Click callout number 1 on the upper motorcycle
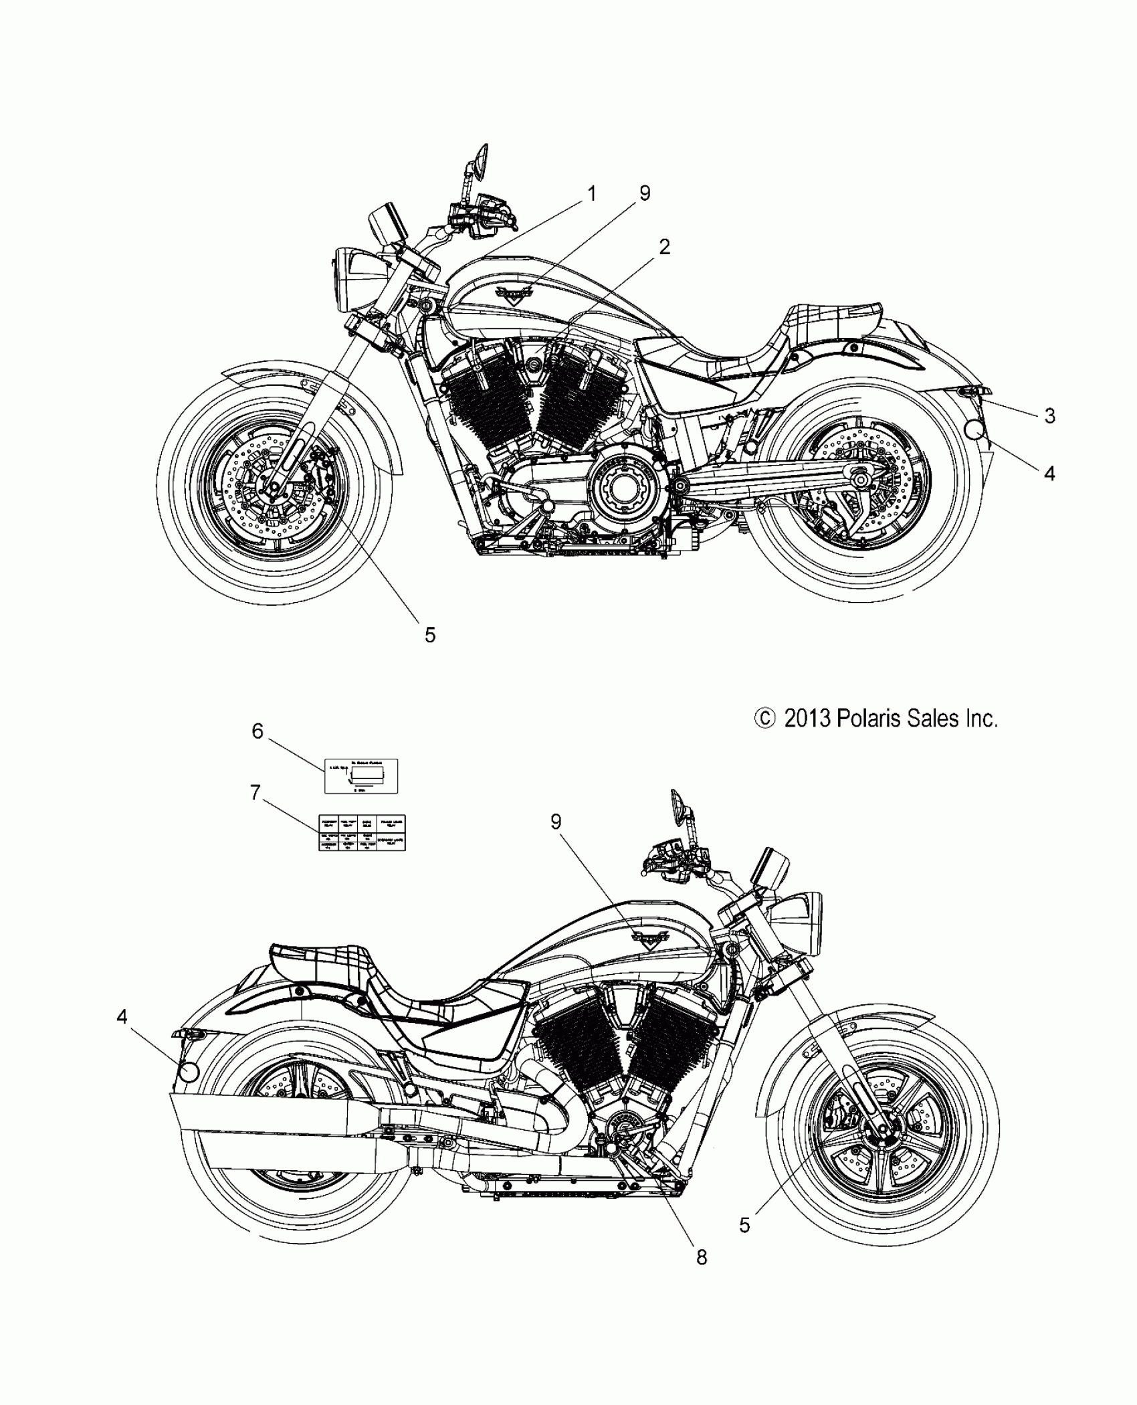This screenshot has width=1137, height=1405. [x=591, y=194]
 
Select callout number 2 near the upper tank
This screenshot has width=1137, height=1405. [x=663, y=248]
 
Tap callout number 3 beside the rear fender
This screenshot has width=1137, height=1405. [x=1049, y=416]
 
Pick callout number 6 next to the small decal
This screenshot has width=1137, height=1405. [x=257, y=731]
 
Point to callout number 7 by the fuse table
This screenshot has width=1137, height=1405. [x=255, y=793]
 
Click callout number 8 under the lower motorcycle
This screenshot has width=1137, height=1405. [x=701, y=1258]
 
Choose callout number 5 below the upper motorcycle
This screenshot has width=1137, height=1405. [x=430, y=635]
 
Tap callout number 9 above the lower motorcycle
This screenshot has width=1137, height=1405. [x=556, y=822]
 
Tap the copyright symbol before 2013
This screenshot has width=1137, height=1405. [x=764, y=719]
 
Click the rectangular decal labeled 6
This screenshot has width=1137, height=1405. [x=361, y=776]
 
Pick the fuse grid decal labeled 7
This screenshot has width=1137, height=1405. [x=361, y=833]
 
